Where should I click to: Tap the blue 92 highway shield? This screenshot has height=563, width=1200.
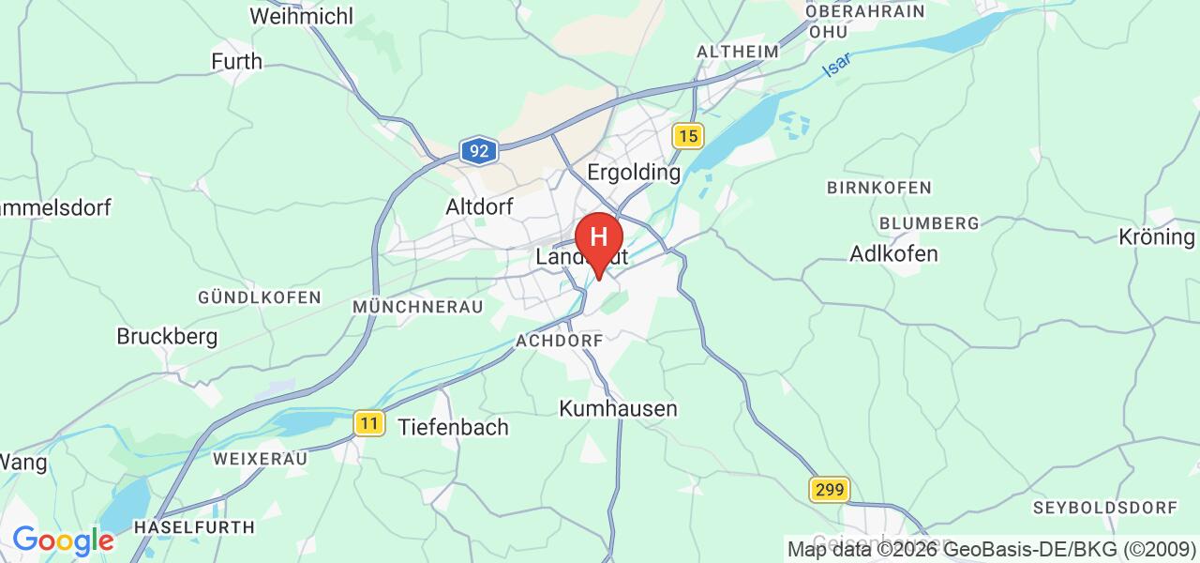coord(478,149)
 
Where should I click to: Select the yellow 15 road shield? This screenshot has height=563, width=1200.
coord(688,137)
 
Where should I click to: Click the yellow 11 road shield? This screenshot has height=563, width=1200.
coord(370,424)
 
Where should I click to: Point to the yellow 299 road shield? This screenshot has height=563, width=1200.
coord(831,489)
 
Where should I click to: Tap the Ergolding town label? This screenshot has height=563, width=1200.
coord(633,173)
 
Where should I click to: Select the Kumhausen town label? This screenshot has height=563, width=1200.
coord(618,408)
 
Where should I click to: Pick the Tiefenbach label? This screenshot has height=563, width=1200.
coord(454,427)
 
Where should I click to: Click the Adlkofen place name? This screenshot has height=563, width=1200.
coord(893,253)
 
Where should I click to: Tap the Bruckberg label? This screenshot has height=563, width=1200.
coord(167,336)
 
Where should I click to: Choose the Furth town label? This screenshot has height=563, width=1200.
coord(236,62)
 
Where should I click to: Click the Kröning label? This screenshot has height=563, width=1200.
coord(1158,237)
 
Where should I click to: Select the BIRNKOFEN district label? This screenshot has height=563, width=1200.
coord(879,188)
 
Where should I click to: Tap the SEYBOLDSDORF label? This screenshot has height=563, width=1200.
coord(1104,508)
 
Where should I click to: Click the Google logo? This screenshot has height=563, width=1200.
coord(63,540)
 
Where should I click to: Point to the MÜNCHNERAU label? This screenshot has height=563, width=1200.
coord(418,307)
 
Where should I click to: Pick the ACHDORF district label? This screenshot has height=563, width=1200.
coord(559,342)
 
